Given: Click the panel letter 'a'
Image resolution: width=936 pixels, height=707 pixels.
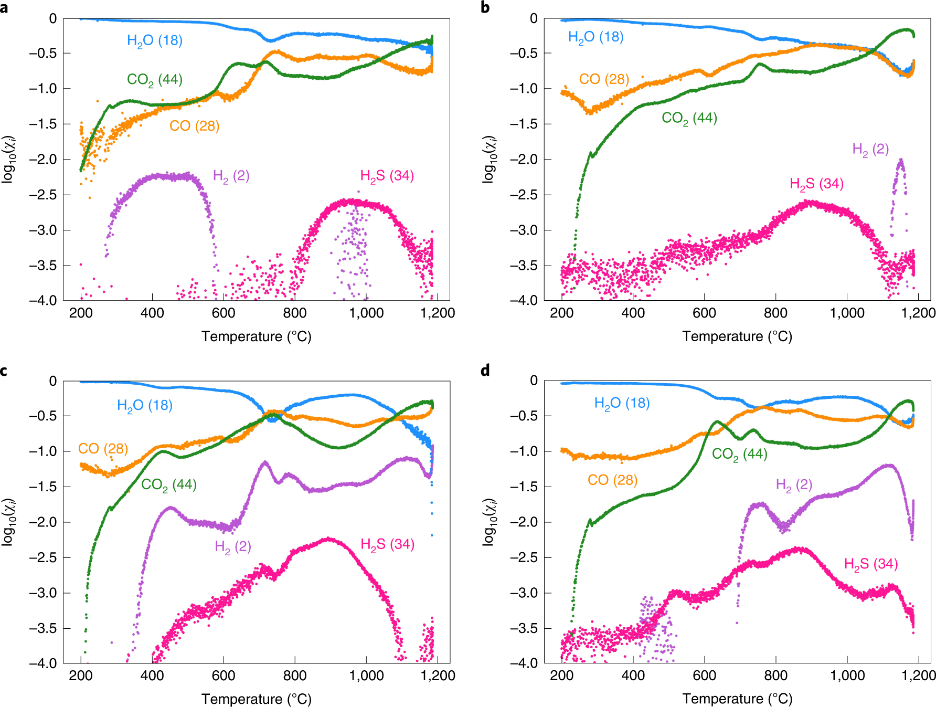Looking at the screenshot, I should [x=4, y=8].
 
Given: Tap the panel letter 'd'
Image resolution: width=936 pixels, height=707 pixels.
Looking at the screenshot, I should [x=485, y=371].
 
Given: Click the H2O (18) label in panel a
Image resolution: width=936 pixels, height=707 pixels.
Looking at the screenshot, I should [x=155, y=41].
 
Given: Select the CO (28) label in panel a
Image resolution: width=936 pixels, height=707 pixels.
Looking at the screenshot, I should [x=194, y=126].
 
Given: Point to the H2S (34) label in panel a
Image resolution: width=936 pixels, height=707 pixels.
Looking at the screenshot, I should [x=387, y=176].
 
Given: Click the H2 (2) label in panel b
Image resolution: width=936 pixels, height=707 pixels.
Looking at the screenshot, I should [x=870, y=150].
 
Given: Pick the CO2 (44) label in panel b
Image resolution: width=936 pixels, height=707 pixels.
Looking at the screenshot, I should [x=689, y=119].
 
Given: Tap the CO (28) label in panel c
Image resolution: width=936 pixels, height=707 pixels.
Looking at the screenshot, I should [x=103, y=449].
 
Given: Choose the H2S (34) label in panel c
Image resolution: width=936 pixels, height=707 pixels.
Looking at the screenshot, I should [x=388, y=545].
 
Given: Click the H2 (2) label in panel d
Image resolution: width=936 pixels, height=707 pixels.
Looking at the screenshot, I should [x=794, y=485].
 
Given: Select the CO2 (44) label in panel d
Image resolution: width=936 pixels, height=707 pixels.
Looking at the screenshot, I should [x=740, y=455].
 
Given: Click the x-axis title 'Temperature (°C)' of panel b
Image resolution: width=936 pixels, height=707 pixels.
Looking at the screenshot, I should [x=737, y=336].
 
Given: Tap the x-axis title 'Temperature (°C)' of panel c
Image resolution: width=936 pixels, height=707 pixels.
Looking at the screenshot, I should [x=257, y=699].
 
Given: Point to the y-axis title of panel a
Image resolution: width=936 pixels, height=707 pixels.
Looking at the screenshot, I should [x=9, y=160].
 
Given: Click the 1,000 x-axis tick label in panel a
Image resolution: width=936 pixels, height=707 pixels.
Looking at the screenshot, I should [x=366, y=313].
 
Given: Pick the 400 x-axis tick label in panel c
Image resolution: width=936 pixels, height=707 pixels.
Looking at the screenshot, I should [x=152, y=676].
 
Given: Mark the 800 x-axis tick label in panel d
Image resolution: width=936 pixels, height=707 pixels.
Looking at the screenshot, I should [x=775, y=676].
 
